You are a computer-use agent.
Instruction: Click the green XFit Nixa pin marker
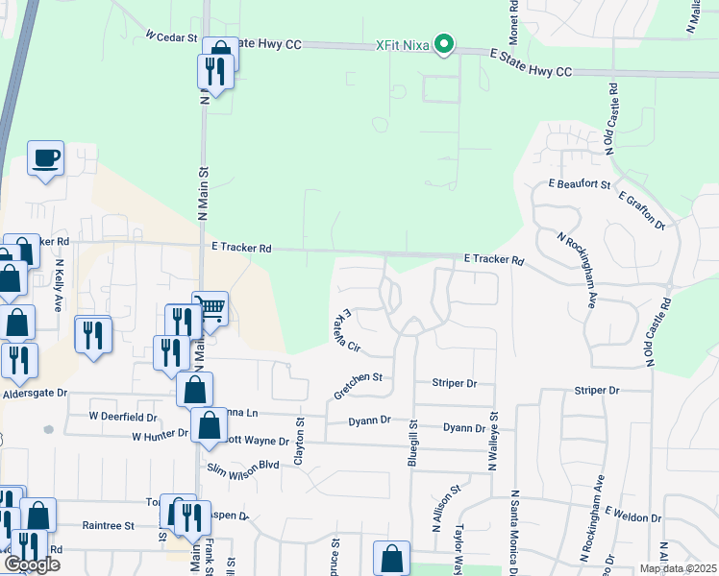[x=443, y=44]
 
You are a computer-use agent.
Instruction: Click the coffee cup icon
[x=45, y=157]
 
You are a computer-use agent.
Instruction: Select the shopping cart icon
[x=211, y=309]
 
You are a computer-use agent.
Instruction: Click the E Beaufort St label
[x=579, y=182]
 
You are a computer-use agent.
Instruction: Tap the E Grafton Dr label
[x=642, y=210]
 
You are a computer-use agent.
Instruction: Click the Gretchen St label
[x=358, y=385]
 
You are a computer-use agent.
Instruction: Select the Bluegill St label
[x=413, y=444]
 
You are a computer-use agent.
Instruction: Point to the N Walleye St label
[x=494, y=440]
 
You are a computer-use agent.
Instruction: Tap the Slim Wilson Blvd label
[x=242, y=468]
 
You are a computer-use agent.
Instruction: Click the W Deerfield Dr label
[x=123, y=417]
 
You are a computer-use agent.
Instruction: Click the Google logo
[x=32, y=564]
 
